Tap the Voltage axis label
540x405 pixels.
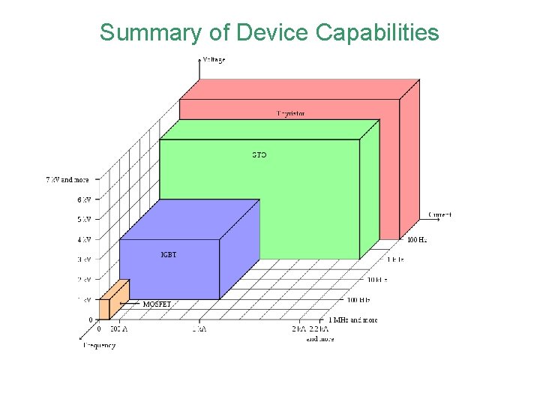click(x=214, y=58)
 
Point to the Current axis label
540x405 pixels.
click(x=439, y=214)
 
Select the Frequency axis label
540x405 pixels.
click(x=99, y=346)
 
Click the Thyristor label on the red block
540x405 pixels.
click(x=291, y=113)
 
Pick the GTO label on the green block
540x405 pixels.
click(x=259, y=155)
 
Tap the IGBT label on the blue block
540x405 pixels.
click(x=169, y=255)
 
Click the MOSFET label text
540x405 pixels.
click(x=157, y=304)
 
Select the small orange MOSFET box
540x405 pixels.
click(x=116, y=298)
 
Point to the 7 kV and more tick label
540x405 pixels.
click(x=67, y=180)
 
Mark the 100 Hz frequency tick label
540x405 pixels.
click(x=418, y=241)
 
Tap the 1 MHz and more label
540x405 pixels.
click(x=352, y=320)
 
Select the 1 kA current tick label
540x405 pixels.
click(x=199, y=329)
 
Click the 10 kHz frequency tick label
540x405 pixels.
click(x=376, y=280)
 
